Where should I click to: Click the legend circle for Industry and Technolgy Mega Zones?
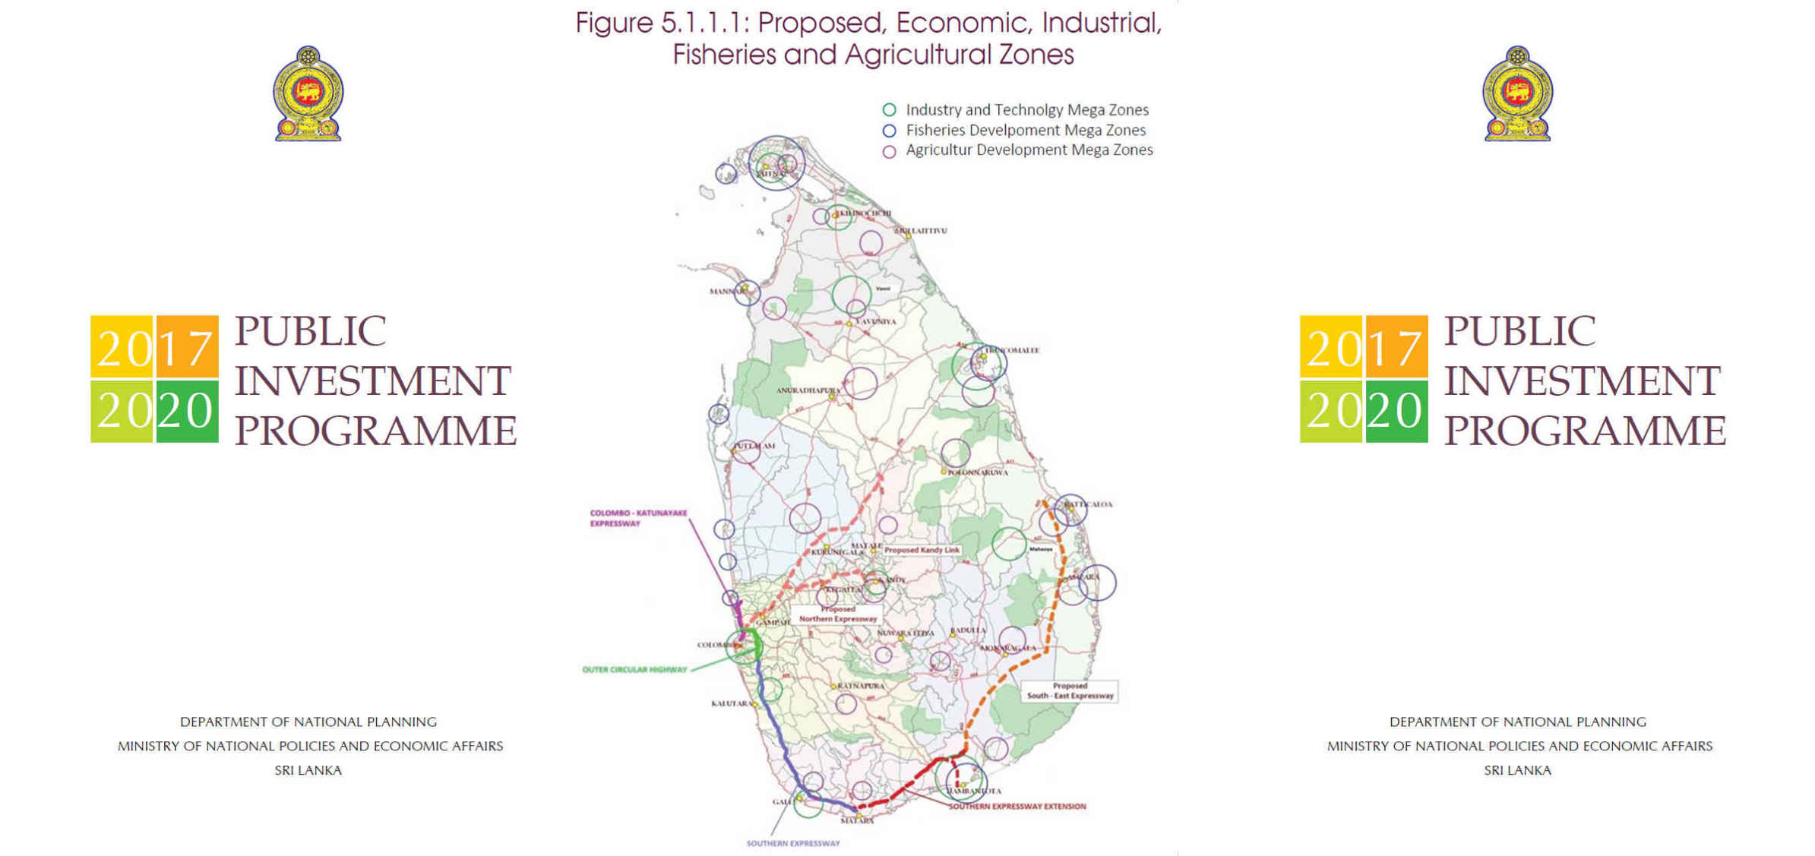(889, 110)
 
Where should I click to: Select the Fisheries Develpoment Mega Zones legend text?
(1025, 130)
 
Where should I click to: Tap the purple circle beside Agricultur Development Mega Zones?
(889, 151)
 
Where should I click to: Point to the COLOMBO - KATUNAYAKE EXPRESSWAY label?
(638, 518)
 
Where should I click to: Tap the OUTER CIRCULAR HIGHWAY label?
(634, 670)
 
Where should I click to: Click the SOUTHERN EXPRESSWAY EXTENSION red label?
(1017, 807)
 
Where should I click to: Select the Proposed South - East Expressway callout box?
(1070, 690)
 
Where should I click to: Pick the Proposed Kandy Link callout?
(922, 550)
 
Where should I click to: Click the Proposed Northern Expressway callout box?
(837, 614)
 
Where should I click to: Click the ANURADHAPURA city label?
(807, 390)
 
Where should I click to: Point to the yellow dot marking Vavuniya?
(849, 324)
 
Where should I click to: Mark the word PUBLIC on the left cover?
(310, 331)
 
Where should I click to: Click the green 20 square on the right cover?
(1396, 411)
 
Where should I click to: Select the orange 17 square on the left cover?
(187, 347)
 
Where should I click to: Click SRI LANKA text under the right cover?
(1517, 770)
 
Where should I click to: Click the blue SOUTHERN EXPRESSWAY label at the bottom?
(792, 843)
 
